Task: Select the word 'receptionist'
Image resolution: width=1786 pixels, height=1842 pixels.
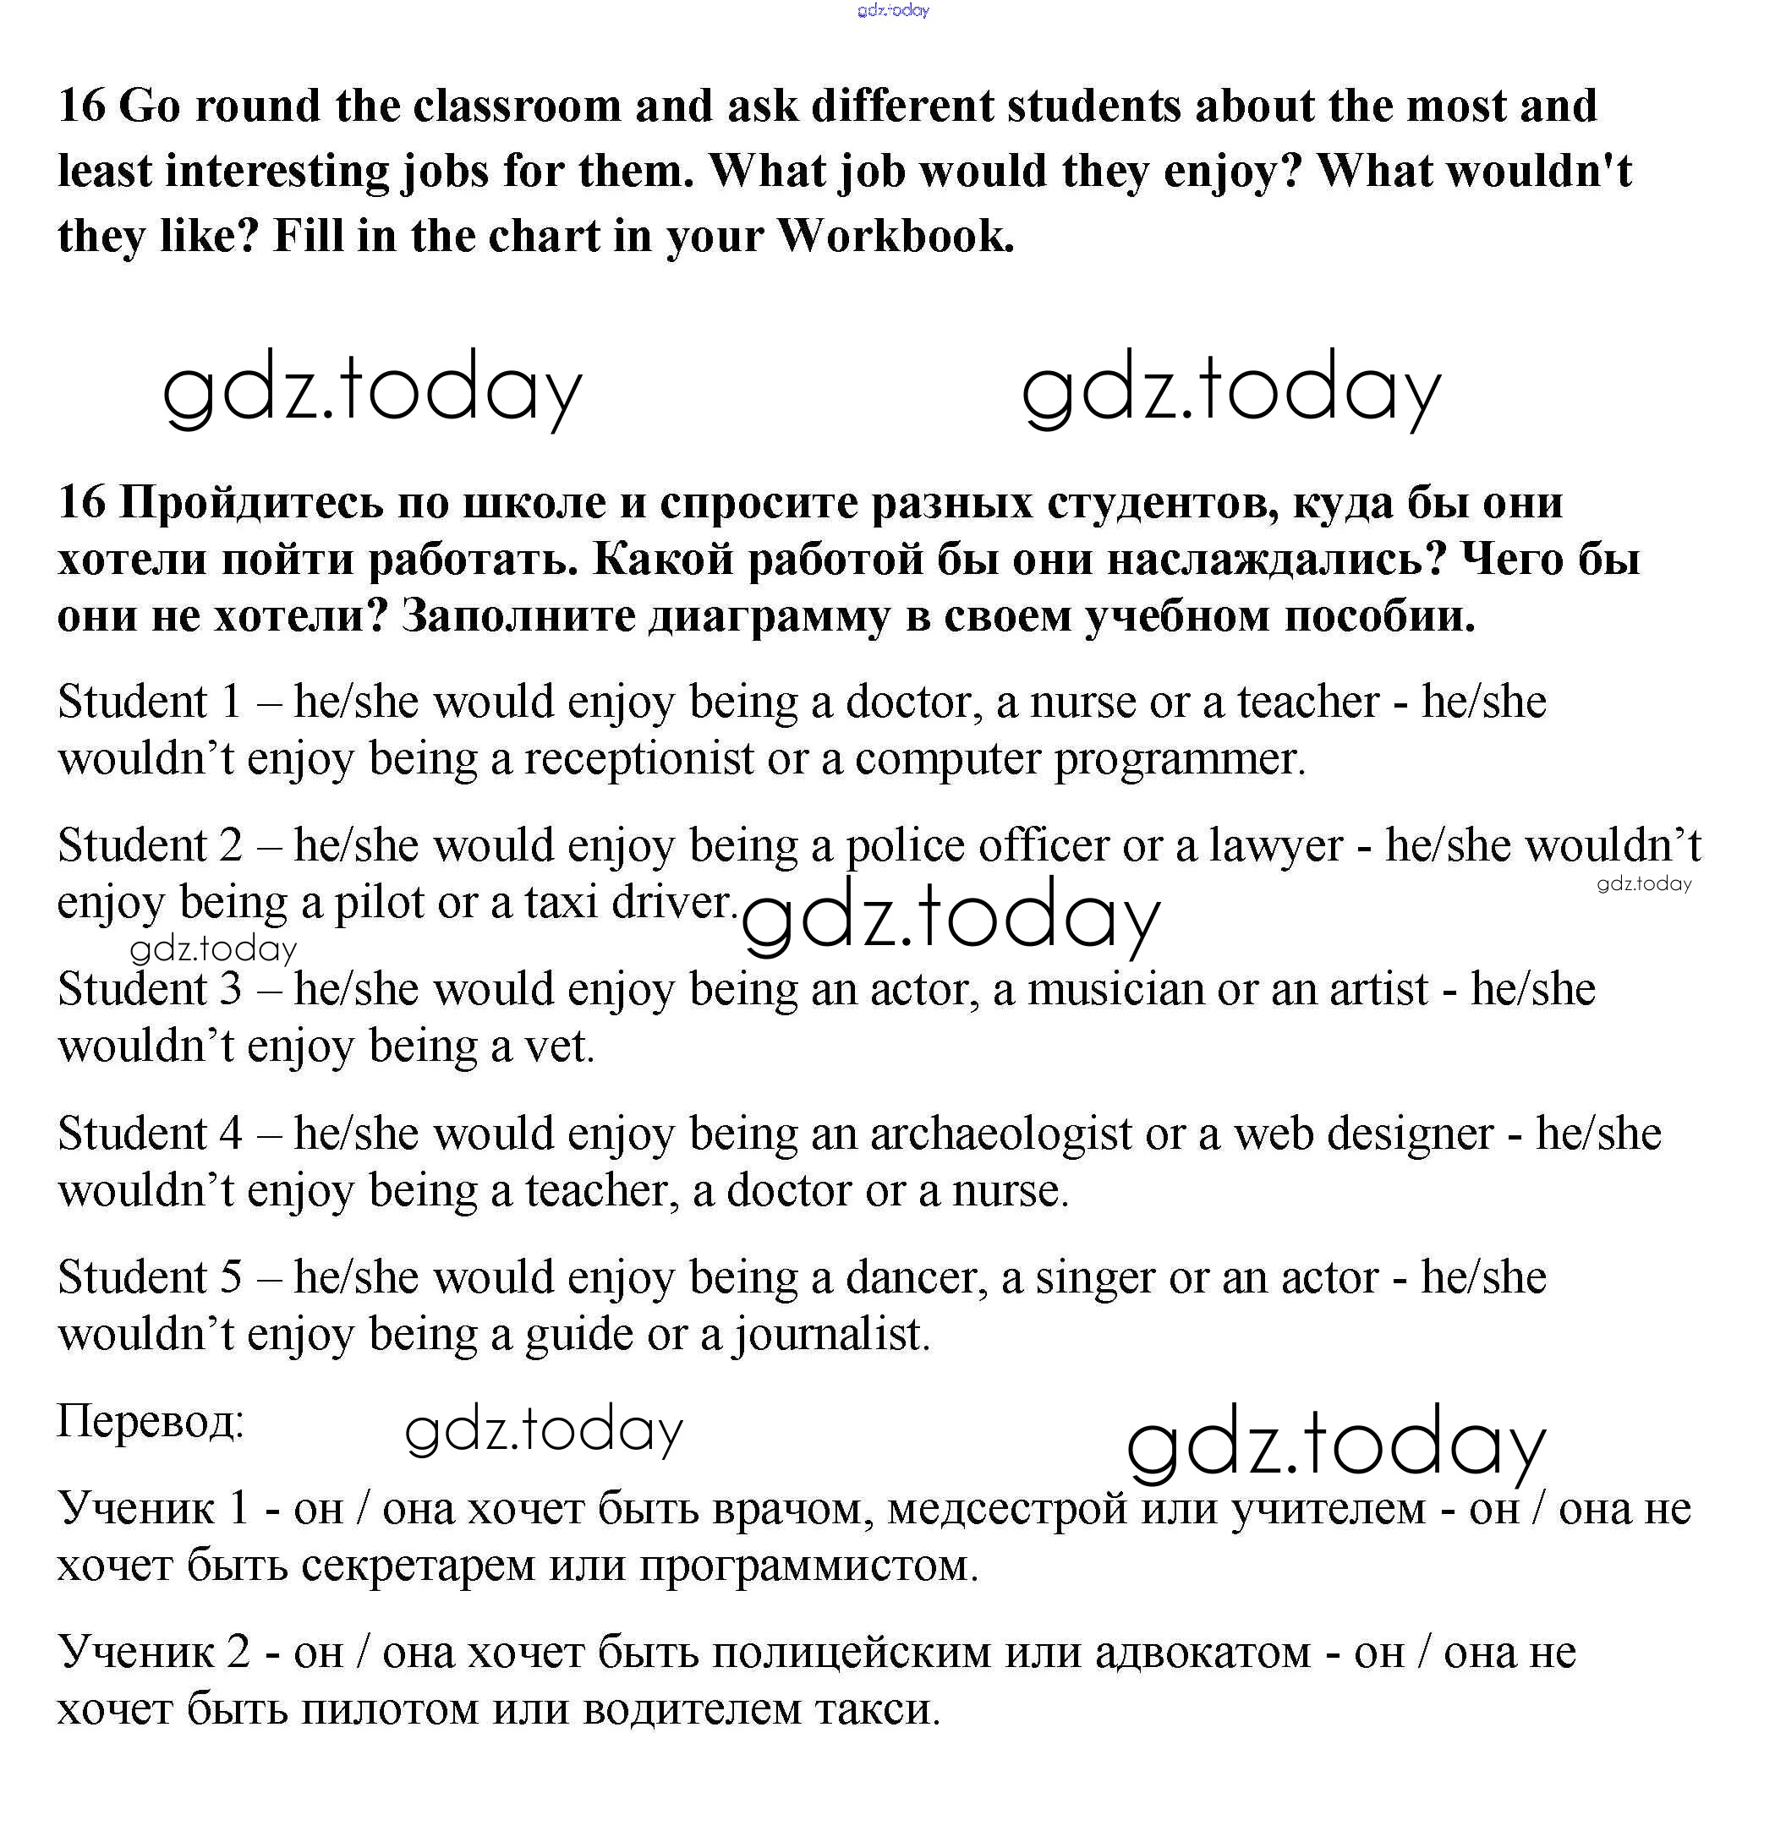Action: click(x=638, y=759)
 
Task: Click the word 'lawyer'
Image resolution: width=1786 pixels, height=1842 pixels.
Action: click(x=1275, y=846)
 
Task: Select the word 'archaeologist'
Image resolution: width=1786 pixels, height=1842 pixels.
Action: click(x=1000, y=1134)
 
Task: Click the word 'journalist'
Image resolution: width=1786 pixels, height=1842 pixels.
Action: click(x=831, y=1336)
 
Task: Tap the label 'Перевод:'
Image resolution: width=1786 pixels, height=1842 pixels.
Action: click(x=151, y=1421)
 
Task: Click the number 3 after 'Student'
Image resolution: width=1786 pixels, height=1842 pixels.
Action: click(x=231, y=990)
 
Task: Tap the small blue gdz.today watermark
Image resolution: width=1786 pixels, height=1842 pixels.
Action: click(x=893, y=10)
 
